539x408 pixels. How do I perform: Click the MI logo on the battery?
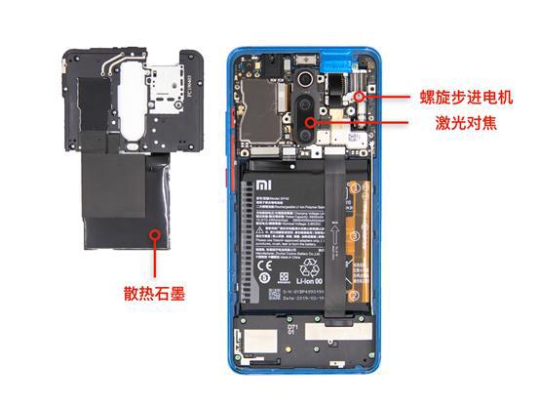pos(263,184)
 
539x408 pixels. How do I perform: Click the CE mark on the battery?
pos(263,264)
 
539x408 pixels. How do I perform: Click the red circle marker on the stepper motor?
pos(360,97)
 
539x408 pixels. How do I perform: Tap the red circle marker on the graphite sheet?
pos(154,233)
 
